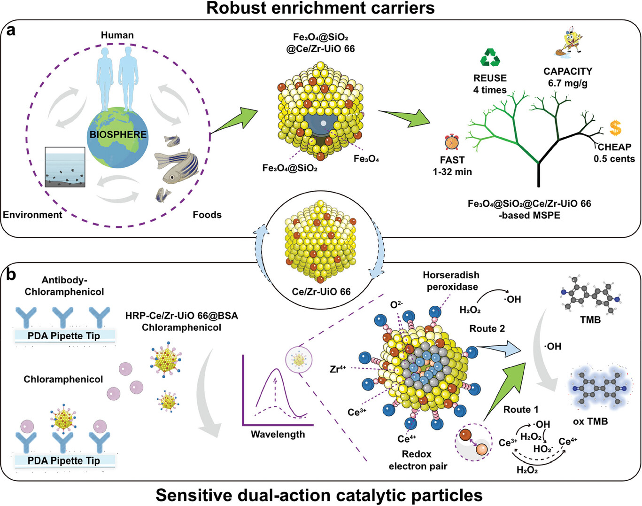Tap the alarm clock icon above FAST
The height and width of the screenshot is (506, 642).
pyautogui.click(x=452, y=142)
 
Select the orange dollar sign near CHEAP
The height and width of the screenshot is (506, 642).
pyautogui.click(x=615, y=128)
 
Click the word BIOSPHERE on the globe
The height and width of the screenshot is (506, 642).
pyautogui.click(x=118, y=134)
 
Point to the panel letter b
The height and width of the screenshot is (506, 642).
pyautogui.click(x=11, y=274)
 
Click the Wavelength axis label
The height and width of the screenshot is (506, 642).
pyautogui.click(x=278, y=434)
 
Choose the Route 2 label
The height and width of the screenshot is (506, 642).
pyautogui.click(x=487, y=328)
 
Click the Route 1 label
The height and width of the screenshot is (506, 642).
pyautogui.click(x=521, y=409)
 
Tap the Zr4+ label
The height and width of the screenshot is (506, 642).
pyautogui.click(x=338, y=369)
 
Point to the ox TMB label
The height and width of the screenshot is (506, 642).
pyautogui.click(x=590, y=421)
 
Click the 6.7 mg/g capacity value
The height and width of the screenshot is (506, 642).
pyautogui.click(x=567, y=83)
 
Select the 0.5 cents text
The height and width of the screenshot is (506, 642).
pyautogui.click(x=614, y=159)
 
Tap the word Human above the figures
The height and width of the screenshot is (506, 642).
pyautogui.click(x=117, y=35)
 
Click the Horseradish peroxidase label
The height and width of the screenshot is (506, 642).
pyautogui.click(x=451, y=281)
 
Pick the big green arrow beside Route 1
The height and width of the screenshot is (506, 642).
pyautogui.click(x=505, y=386)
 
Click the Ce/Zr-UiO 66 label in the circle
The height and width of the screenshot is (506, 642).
pyautogui.click(x=321, y=292)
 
